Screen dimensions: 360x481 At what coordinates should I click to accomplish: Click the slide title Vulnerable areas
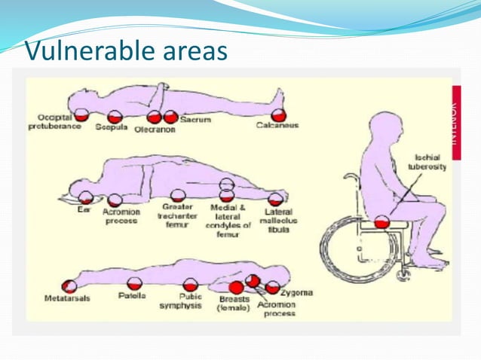(x=126, y=50)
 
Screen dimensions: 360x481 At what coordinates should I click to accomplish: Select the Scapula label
(x=111, y=127)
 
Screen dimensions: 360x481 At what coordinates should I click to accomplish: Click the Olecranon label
(x=155, y=129)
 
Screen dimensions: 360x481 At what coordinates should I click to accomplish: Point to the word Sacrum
(x=195, y=119)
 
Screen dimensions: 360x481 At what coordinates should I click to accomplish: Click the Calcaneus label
(x=277, y=126)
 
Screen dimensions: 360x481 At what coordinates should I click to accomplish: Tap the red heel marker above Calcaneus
(x=279, y=114)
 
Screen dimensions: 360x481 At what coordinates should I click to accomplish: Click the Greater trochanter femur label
(x=179, y=215)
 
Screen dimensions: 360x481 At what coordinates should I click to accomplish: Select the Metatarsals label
(x=64, y=299)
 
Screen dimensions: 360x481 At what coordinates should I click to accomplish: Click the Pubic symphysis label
(x=191, y=302)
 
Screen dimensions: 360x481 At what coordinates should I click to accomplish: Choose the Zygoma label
(x=296, y=291)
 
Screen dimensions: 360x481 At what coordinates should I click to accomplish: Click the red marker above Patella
(x=135, y=283)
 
